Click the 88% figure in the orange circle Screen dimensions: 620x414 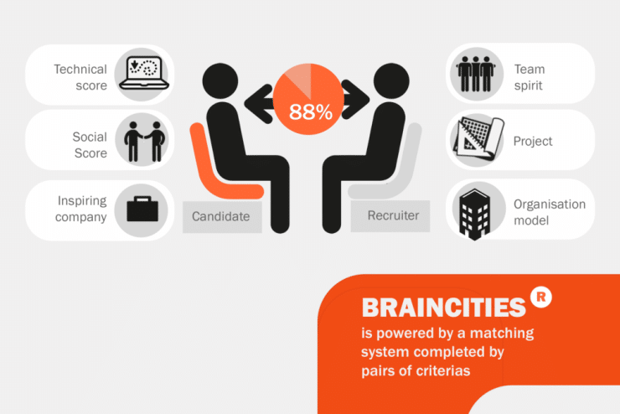tap(310, 112)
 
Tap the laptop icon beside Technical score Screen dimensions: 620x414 tap(144, 73)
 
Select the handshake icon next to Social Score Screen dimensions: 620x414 tap(144, 142)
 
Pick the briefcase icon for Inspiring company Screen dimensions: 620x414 tap(142, 209)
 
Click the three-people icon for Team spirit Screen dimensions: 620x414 tap(476, 74)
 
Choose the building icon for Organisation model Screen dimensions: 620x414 tap(474, 215)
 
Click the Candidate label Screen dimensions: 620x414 tap(220, 216)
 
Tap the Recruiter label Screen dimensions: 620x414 tap(393, 215)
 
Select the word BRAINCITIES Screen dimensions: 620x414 tap(444, 308)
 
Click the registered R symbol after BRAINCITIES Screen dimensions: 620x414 tap(541, 298)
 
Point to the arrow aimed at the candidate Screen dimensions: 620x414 tap(260, 104)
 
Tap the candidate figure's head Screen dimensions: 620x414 tap(220, 80)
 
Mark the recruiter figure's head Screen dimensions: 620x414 tap(391, 80)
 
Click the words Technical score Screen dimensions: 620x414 tap(80, 77)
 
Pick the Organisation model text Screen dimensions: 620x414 tap(550, 212)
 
